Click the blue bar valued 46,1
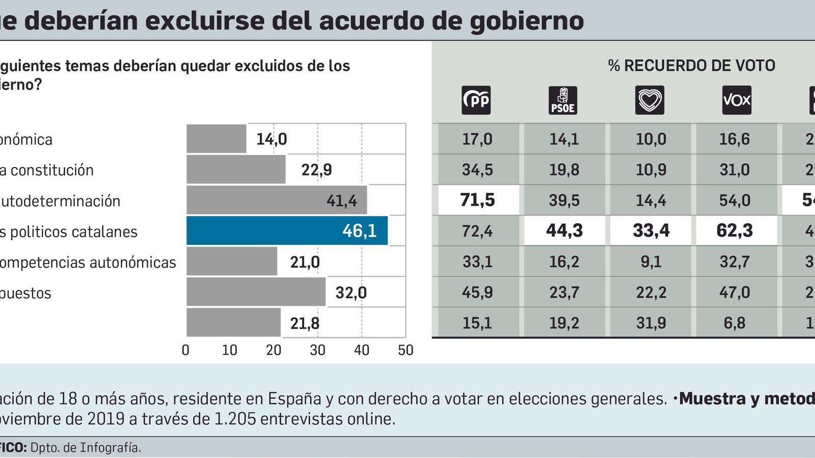[x=287, y=231]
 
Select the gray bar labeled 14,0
[x=216, y=138]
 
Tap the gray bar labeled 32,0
[x=256, y=292]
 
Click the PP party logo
[x=476, y=100]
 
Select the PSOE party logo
[x=563, y=100]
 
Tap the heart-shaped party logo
[x=650, y=100]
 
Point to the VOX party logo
[x=737, y=100]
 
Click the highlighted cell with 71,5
[x=478, y=200]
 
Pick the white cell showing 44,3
[x=564, y=231]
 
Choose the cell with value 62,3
[x=735, y=231]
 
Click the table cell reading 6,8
[x=735, y=323]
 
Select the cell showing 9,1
[x=651, y=262]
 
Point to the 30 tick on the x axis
[x=317, y=350]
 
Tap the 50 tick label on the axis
[x=405, y=350]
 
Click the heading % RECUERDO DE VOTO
[x=691, y=66]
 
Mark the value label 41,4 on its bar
[x=341, y=201]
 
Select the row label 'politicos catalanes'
[x=69, y=232]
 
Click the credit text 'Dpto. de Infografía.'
[x=86, y=448]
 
